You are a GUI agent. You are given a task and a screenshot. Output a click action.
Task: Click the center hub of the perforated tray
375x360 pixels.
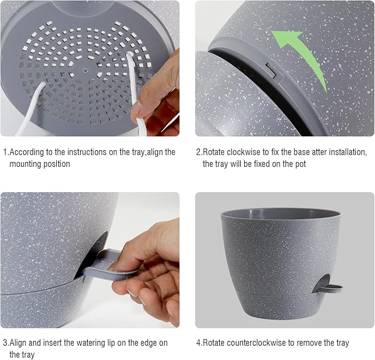[x=84, y=70]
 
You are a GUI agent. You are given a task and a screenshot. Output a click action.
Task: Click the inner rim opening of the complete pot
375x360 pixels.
[x=281, y=213]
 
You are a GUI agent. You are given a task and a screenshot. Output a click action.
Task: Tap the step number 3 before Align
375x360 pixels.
[x=5, y=343]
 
